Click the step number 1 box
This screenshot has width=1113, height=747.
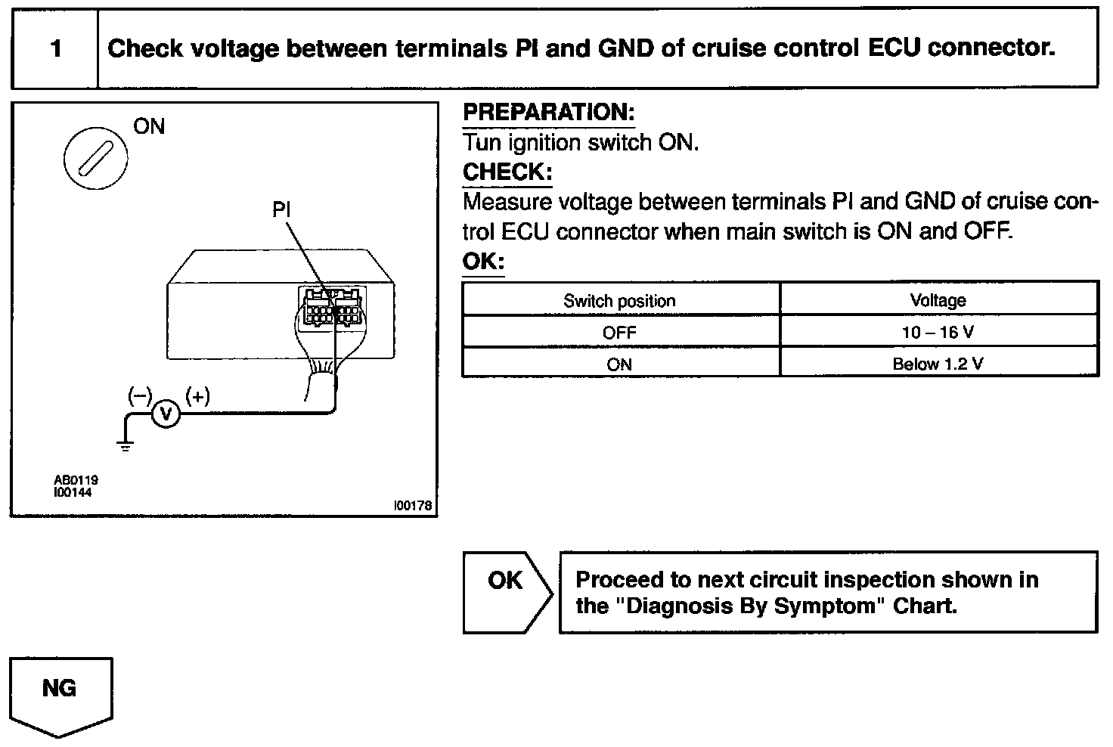pos(55,48)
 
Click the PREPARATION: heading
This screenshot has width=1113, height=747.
pos(548,113)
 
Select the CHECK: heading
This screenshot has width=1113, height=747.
pos(507,172)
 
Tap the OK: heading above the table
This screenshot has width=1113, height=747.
pos(483,261)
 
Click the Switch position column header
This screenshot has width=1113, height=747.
pos(619,300)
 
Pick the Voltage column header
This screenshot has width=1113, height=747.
pos(938,300)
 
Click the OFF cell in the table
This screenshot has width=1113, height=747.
pos(619,332)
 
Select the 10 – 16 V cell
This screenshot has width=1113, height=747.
pos(938,332)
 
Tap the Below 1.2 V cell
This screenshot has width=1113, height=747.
pos(938,364)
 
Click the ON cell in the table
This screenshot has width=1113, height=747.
pos(619,364)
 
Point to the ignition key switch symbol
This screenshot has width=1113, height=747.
pos(95,159)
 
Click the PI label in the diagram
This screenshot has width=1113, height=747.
pos(281,209)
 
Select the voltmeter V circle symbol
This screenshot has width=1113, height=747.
pos(166,414)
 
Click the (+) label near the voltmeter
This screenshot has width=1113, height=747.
pos(198,396)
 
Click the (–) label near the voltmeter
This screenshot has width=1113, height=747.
pos(140,396)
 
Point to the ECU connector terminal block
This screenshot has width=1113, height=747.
pos(332,307)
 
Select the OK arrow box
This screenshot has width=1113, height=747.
pos(507,593)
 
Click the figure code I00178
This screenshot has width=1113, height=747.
pos(412,506)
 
